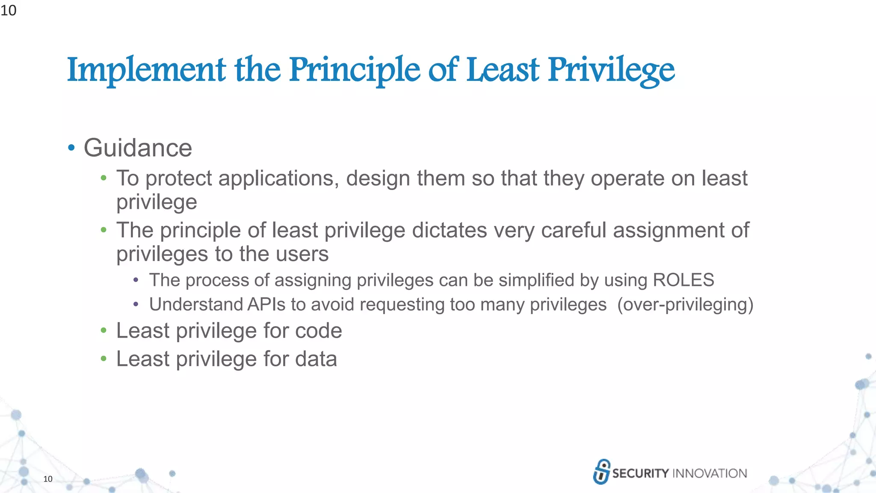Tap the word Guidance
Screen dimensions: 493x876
[138, 148]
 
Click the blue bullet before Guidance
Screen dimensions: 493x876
[71, 148]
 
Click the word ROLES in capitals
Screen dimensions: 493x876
[683, 280]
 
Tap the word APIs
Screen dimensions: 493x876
[266, 305]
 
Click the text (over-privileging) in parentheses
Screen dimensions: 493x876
[685, 305]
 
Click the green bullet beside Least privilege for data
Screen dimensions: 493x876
[104, 359]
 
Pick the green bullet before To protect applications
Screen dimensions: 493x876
[104, 178]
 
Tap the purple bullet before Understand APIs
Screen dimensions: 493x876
[136, 304]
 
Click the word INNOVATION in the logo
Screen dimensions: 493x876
[710, 473]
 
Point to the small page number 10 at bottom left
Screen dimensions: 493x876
[48, 479]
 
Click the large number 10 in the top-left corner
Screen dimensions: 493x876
[8, 10]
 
